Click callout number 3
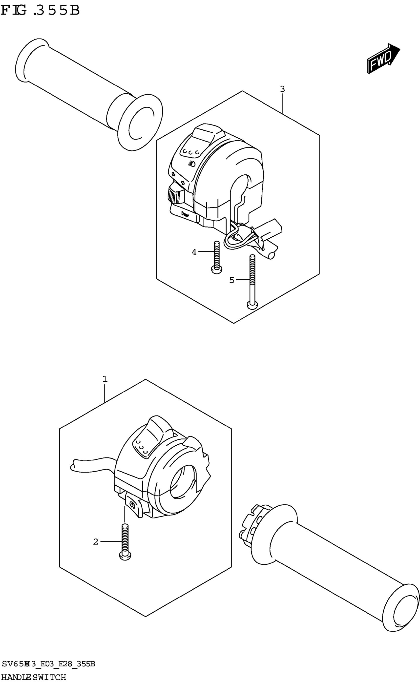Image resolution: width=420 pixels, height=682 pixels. click(282, 89)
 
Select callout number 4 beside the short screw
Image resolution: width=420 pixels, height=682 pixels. click(194, 252)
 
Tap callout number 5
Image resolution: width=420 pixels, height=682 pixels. click(232, 280)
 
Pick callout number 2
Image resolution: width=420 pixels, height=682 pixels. click(96, 541)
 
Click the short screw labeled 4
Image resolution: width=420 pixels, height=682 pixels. click(216, 257)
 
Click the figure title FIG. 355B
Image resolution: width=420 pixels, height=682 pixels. click(40, 11)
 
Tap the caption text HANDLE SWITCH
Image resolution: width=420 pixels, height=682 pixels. click(33, 677)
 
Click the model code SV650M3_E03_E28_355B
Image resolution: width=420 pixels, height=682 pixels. click(48, 664)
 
